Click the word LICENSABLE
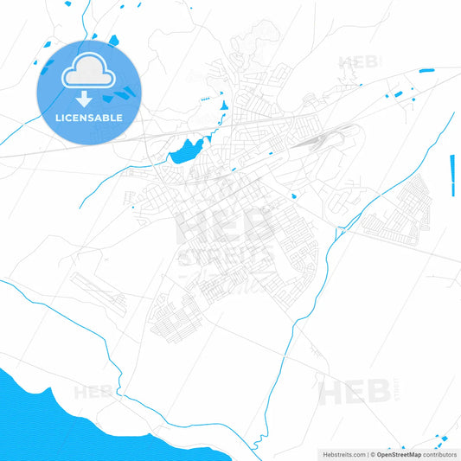[x=88, y=118]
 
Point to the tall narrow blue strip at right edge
[x=452, y=176]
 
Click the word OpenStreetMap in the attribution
[x=398, y=454]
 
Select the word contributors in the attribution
[x=439, y=454]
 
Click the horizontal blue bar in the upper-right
[x=426, y=70]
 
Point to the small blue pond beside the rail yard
[x=294, y=195]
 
